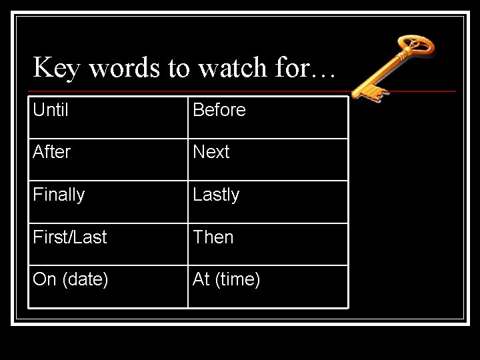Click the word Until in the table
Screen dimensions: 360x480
click(x=51, y=110)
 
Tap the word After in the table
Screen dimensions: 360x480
click(x=51, y=152)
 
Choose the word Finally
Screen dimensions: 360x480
click(x=59, y=195)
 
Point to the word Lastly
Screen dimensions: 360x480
click(x=216, y=195)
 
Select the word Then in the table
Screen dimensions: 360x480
click(x=213, y=237)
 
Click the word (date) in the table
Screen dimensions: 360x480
click(x=85, y=279)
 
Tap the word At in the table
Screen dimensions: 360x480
click(x=201, y=279)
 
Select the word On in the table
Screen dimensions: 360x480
click(x=44, y=279)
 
